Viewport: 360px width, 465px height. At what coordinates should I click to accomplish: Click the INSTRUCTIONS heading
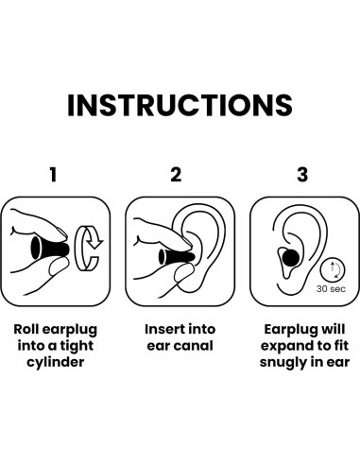(x=180, y=105)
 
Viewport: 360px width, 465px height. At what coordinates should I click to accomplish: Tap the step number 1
(x=53, y=175)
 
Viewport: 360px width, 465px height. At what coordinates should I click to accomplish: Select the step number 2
(x=176, y=175)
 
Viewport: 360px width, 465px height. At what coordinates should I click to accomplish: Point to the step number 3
(x=302, y=175)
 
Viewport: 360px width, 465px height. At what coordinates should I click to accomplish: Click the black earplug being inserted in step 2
(x=177, y=257)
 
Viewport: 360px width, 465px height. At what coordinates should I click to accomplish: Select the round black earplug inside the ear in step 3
(x=290, y=257)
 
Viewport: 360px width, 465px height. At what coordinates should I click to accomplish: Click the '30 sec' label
(x=331, y=288)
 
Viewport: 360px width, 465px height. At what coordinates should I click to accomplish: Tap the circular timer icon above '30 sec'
(x=333, y=270)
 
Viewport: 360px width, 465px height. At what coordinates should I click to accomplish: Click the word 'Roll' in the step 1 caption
(x=26, y=329)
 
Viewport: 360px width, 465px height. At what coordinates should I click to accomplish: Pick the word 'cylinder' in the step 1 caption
(x=56, y=362)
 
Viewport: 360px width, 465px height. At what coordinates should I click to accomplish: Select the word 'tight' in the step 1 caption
(x=77, y=346)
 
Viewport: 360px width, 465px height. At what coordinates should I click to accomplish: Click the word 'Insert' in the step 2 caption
(x=163, y=329)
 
